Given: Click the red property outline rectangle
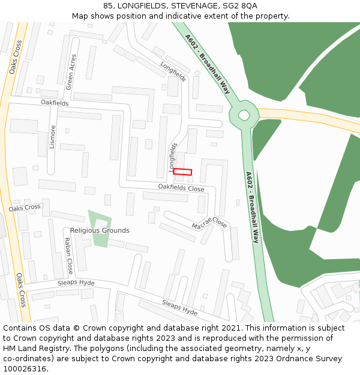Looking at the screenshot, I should tap(182, 172).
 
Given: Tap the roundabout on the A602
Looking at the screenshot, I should tap(244, 115).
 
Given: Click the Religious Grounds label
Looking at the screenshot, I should tap(100, 230).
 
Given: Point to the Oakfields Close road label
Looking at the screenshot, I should tap(181, 188).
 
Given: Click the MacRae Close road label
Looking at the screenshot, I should tap(209, 223).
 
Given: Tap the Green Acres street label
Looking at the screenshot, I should tap(71, 72).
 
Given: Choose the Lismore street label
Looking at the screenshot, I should tap(53, 137).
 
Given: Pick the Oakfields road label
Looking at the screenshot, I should tap(55, 103).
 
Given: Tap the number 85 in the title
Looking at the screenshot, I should tap(108, 5).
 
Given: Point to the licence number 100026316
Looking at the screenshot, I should tap(25, 369).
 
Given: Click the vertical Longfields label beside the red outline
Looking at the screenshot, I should tap(173, 155).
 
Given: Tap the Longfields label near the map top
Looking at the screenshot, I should tap(173, 71).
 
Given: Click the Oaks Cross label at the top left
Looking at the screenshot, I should tap(16, 57).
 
